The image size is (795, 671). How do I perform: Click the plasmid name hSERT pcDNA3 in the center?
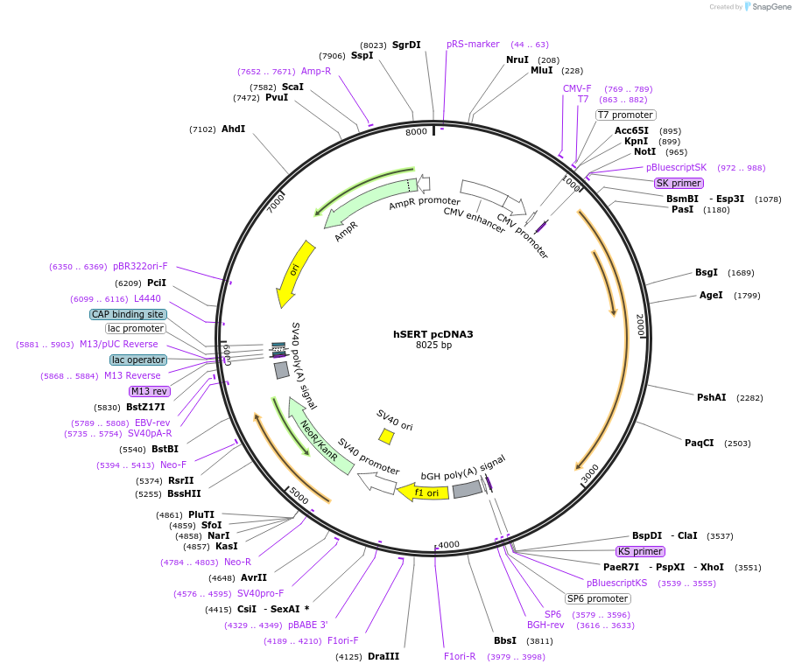point(433,333)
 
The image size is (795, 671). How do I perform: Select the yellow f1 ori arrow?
point(424,493)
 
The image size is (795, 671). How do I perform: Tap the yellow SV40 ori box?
point(386,436)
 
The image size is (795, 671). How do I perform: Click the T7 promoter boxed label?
point(626,115)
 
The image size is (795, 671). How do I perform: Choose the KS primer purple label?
point(640,551)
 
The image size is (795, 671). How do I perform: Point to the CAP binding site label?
point(128,314)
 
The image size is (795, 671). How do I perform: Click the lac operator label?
point(138,360)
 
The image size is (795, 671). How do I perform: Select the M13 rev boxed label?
point(148,391)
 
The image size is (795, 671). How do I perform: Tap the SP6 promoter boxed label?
point(597,598)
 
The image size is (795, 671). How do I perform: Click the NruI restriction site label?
point(517,59)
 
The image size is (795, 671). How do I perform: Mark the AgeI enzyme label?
point(711,295)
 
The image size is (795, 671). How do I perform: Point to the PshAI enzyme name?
point(711,397)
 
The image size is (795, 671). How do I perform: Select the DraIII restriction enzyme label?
point(383,656)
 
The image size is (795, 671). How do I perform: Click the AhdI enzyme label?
point(233,129)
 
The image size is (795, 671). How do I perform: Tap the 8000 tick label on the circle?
point(416,131)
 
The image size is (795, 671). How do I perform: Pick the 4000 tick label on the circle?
point(448,544)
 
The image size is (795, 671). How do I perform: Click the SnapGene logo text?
point(771,7)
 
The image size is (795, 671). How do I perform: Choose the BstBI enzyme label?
point(165,449)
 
